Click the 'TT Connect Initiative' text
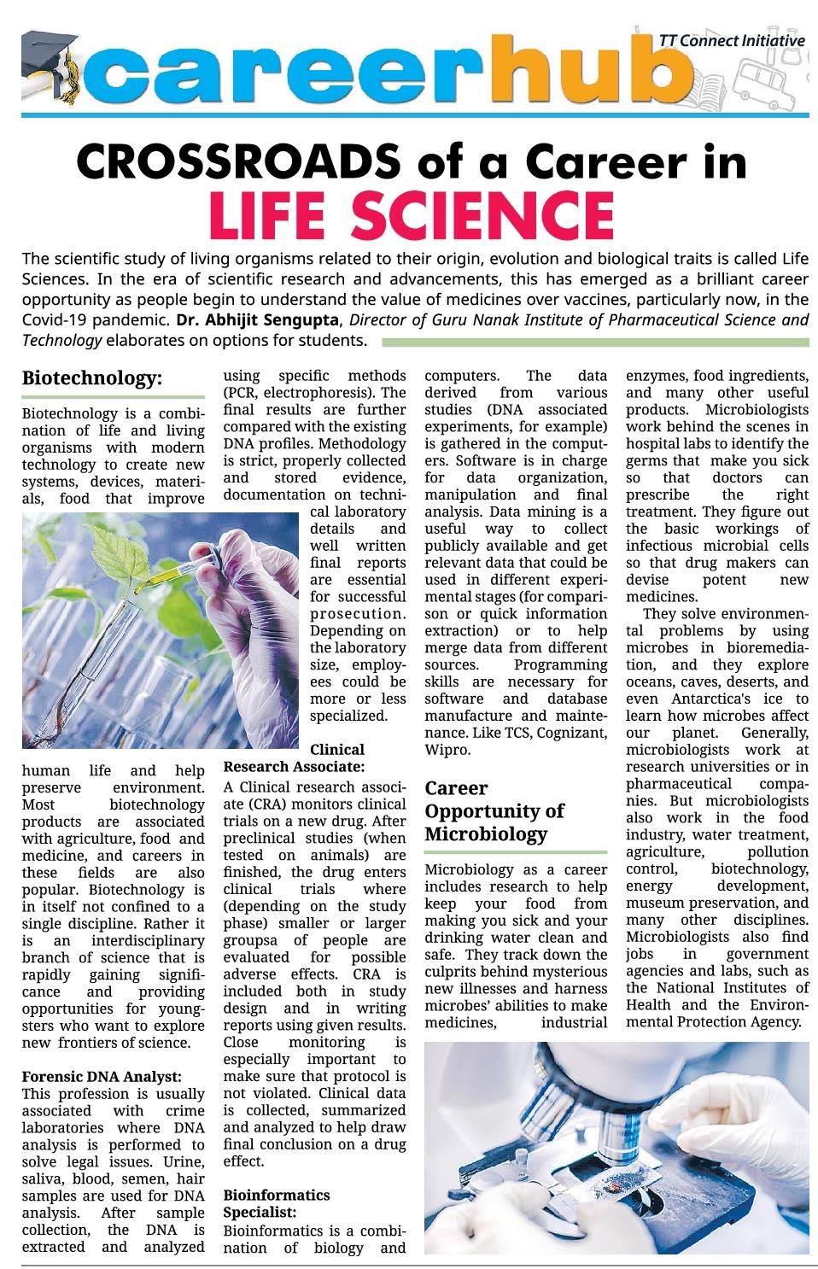point(732,40)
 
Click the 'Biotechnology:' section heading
point(92,377)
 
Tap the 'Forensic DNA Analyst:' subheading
point(101,1077)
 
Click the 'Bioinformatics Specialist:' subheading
point(276,1203)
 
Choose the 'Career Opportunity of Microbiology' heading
point(494,810)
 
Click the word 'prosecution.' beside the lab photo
point(358,614)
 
